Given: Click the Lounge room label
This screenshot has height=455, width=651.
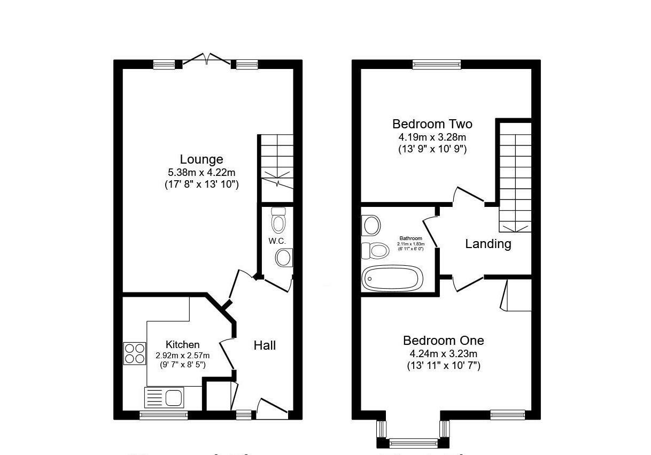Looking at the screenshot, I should [201, 159].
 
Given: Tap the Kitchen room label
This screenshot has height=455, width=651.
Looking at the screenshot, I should [182, 345].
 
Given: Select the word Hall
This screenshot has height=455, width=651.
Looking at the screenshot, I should [265, 345].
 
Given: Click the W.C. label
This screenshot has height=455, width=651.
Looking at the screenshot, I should [277, 241].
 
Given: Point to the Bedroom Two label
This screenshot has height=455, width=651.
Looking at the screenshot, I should [432, 124].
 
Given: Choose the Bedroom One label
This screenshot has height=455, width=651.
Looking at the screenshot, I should [443, 341].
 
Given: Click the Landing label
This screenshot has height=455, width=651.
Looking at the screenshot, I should [488, 244].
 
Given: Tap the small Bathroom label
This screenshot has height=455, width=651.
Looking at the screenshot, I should [410, 238].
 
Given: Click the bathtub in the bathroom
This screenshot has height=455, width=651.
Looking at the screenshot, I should [392, 278].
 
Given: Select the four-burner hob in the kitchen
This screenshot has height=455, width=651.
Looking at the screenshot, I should [135, 353].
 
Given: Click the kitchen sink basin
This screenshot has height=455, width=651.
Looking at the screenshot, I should [173, 398].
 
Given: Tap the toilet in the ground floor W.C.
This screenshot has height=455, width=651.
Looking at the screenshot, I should [278, 220].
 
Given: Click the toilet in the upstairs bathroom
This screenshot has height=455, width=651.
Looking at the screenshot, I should [375, 250].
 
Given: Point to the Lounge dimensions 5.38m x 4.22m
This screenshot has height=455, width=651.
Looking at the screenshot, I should [201, 172].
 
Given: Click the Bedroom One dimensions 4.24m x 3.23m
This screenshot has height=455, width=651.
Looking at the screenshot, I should [443, 353].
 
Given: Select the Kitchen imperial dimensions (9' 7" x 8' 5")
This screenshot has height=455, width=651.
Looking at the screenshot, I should [182, 365].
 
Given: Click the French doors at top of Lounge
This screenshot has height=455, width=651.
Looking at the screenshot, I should [207, 60].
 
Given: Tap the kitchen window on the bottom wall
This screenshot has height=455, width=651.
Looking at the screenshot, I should [164, 415].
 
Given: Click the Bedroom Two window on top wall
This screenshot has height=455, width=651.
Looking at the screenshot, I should [436, 65].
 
